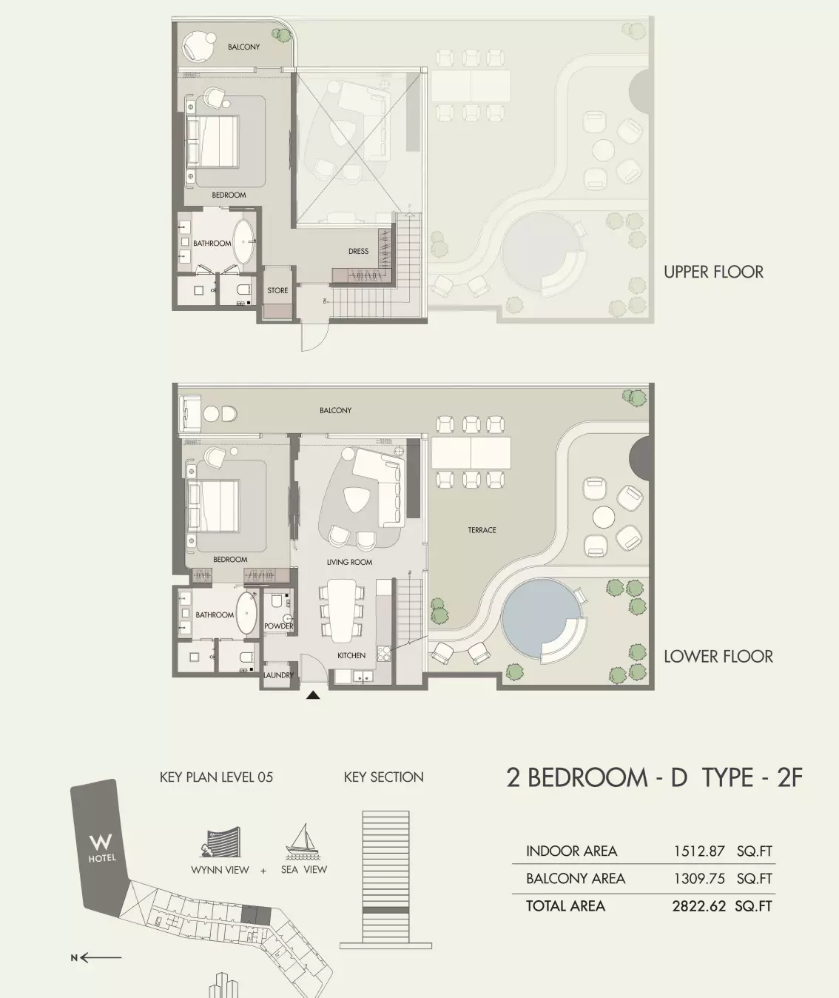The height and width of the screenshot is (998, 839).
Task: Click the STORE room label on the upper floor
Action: coord(277,290)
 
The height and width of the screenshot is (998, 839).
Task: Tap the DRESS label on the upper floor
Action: coord(358,251)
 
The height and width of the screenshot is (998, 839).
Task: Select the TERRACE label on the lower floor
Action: coord(482,529)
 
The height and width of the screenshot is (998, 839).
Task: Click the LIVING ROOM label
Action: coord(349,562)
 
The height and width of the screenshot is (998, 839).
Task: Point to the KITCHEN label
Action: coord(351,655)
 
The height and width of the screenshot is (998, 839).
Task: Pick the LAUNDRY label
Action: coord(278,675)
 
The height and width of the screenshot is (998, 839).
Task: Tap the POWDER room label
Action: coord(278,626)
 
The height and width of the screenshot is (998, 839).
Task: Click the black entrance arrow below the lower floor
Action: coord(313,695)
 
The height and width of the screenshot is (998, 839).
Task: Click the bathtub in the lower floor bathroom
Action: coord(246,613)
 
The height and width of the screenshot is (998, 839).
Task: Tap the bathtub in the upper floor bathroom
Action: coord(244,242)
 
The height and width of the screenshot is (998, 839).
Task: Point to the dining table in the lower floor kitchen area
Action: coord(342,611)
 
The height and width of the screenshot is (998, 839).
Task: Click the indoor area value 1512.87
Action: coord(699,851)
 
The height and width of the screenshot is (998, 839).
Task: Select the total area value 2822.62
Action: coord(699,906)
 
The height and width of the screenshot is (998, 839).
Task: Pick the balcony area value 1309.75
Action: coord(699,879)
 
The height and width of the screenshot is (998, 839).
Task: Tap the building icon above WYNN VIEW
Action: coord(220,843)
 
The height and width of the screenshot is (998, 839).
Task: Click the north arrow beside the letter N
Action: coord(101,957)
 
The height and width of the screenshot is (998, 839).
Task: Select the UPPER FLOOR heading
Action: coord(713,272)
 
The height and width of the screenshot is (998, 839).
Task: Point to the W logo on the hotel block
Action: coord(101,841)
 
